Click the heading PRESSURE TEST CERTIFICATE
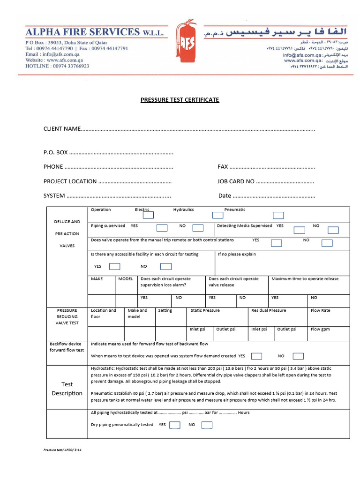(x=180, y=100)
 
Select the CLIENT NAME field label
(x=62, y=129)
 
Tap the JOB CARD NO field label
(x=236, y=181)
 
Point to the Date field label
(x=225, y=196)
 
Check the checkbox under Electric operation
(x=148, y=216)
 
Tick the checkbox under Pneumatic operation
(x=278, y=216)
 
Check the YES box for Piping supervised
(x=162, y=228)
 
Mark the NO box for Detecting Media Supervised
(x=333, y=230)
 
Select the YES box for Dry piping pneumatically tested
(x=175, y=425)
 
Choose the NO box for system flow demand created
(x=297, y=356)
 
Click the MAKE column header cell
(x=97, y=279)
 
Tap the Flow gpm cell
(x=320, y=329)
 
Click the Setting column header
(x=165, y=311)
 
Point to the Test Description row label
(x=67, y=389)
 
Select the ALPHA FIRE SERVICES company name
(x=82, y=32)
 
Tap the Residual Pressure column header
(x=269, y=311)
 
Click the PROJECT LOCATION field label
(x=70, y=181)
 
